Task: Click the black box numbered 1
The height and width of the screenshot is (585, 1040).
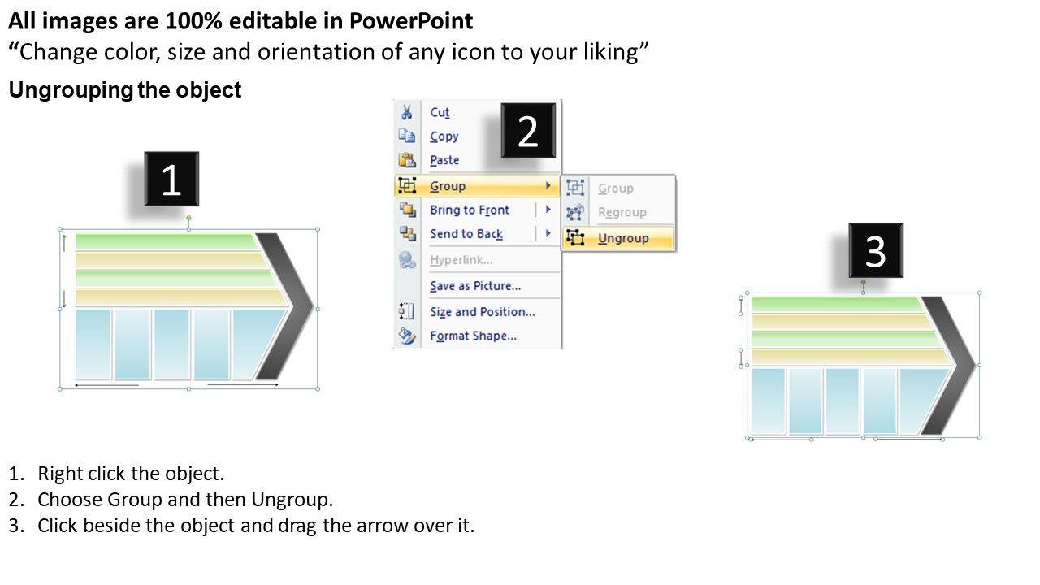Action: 171,179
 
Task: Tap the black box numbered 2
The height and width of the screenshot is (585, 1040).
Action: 528,131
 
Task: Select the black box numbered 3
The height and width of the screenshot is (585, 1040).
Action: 876,251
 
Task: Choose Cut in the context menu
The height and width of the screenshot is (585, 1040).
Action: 440,112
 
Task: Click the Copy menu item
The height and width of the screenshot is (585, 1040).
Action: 444,136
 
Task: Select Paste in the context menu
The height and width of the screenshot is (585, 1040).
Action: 444,160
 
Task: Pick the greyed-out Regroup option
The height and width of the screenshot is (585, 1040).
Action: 622,212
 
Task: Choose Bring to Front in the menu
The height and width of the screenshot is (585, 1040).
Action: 470,210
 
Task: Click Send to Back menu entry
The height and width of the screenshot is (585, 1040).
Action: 466,234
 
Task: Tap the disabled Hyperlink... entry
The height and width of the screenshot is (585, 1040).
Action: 461,260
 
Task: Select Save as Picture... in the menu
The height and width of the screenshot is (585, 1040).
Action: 475,286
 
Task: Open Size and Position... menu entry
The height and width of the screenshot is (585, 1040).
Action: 483,312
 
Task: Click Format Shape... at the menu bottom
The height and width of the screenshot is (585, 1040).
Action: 473,336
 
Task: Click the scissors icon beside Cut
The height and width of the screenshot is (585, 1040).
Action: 407,112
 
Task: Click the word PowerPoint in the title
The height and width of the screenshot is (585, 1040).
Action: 411,21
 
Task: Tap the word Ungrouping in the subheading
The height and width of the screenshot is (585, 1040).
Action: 71,90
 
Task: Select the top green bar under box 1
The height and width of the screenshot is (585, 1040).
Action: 167,242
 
